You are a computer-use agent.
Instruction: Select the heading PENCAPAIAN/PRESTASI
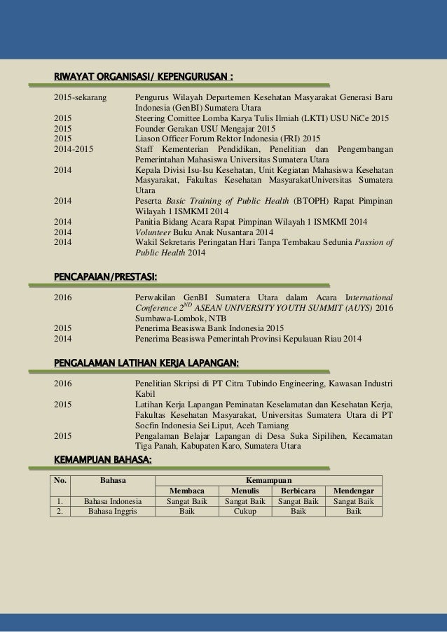coord(105,280)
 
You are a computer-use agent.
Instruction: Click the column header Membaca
coord(186,490)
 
